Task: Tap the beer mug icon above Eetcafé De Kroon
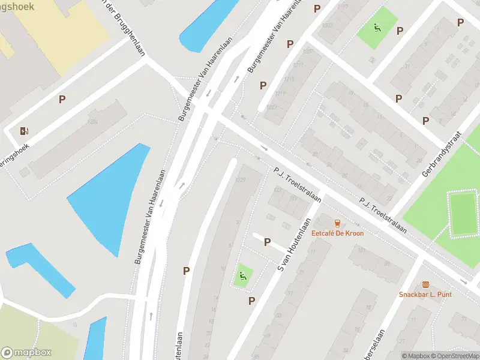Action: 337,223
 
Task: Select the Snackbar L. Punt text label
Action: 425,294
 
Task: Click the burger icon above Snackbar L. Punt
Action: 425,284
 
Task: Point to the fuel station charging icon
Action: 24,131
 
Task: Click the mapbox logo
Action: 26,353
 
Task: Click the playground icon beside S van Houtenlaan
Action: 243,276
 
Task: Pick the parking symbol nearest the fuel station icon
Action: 62,99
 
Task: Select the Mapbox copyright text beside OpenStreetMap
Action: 416,356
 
